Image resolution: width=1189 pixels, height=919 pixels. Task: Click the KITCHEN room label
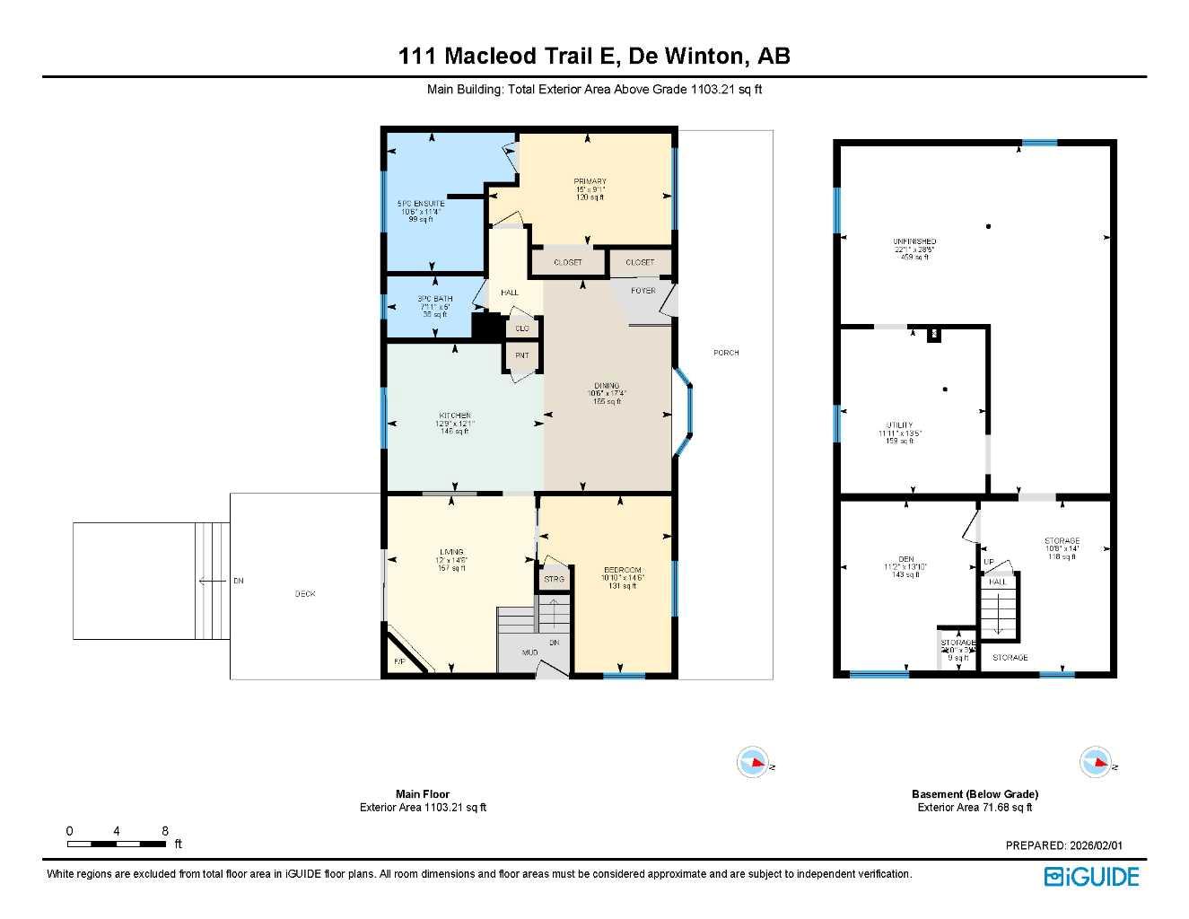click(x=455, y=416)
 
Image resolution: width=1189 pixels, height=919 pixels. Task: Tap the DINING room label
click(x=607, y=386)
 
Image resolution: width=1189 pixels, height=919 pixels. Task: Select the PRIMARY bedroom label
click(x=590, y=182)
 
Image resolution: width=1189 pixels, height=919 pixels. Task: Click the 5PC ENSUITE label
click(x=421, y=204)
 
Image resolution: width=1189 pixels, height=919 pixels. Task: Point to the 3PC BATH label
click(x=434, y=299)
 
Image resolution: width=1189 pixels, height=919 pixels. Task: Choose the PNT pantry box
click(x=522, y=356)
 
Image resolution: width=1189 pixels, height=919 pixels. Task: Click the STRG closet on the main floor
click(x=554, y=579)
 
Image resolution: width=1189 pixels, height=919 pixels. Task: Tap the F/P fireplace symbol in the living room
click(x=399, y=662)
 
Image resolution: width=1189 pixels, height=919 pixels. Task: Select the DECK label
click(x=305, y=594)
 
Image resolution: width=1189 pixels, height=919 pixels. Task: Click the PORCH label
click(x=726, y=353)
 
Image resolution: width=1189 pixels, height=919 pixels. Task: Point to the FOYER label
click(x=643, y=291)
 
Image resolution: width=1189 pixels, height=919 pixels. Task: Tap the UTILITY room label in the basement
click(x=899, y=425)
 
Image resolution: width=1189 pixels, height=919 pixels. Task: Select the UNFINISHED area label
click(x=914, y=241)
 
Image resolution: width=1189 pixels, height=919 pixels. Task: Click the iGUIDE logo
click(x=1091, y=877)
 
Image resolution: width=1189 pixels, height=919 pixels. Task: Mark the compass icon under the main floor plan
click(x=753, y=762)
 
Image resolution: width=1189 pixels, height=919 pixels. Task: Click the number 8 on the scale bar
click(x=165, y=831)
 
